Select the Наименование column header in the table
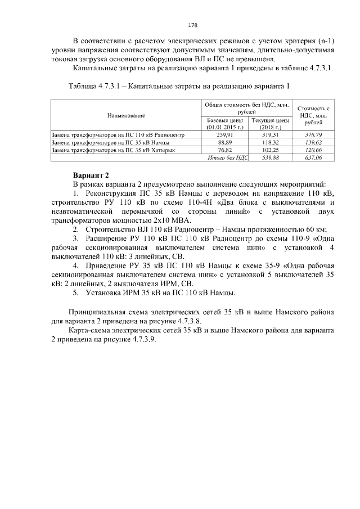pos(126,115)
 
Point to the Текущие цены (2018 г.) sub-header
pos(270,124)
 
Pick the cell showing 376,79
pos(313,135)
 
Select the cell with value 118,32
pos(270,143)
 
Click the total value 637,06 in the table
pos(313,159)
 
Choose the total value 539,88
pos(270,159)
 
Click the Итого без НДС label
pos(227,159)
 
